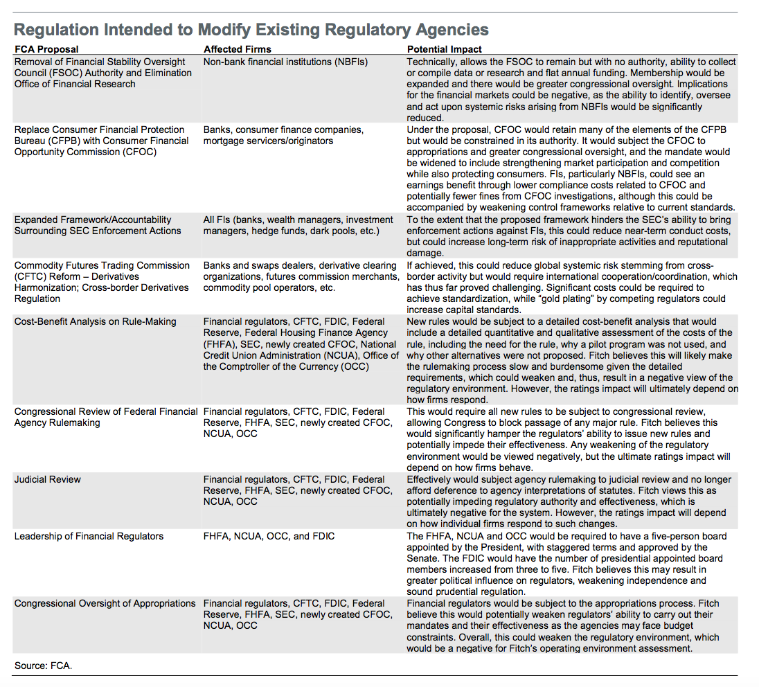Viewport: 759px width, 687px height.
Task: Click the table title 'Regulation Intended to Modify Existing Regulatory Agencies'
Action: (x=251, y=30)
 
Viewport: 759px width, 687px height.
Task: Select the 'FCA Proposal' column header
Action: (x=46, y=49)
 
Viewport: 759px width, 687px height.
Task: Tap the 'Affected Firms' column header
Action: (x=238, y=49)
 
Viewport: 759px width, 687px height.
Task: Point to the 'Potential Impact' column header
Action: (x=445, y=49)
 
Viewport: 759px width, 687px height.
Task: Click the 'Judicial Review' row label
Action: (x=48, y=479)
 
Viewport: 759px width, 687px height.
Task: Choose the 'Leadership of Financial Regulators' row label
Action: (x=89, y=536)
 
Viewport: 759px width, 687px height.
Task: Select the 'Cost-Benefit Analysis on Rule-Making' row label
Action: (x=96, y=321)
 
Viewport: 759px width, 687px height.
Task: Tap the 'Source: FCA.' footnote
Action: (x=43, y=666)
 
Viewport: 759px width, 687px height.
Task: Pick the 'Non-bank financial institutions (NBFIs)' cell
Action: (x=285, y=62)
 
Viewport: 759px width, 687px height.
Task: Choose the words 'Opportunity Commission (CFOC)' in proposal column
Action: (x=86, y=152)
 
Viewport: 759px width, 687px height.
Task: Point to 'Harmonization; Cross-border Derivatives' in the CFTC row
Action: (x=101, y=287)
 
